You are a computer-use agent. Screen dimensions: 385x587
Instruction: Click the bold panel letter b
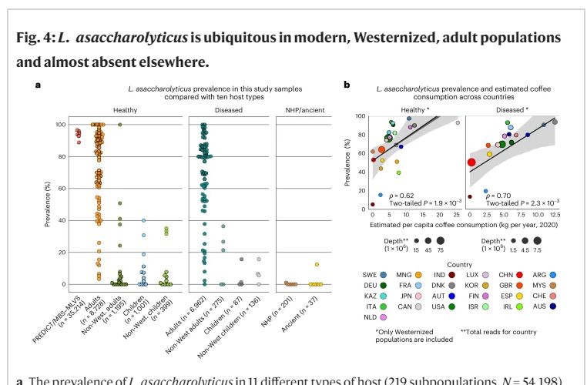[x=347, y=83]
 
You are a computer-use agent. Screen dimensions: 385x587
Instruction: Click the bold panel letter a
[x=38, y=83]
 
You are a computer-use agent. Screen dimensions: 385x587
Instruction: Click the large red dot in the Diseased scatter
[x=471, y=162]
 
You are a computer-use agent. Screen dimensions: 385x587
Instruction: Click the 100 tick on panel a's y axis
[x=57, y=124]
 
